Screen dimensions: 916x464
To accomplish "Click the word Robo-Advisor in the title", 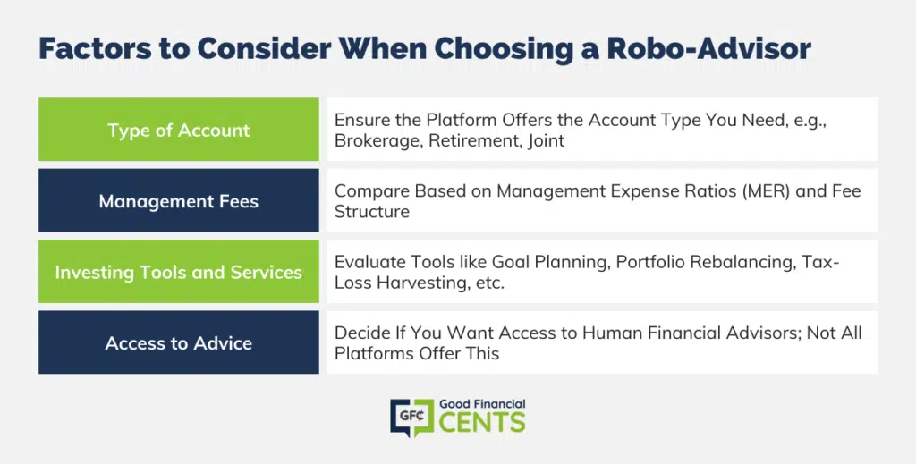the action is click(708, 48).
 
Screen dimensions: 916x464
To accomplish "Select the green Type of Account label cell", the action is click(179, 129).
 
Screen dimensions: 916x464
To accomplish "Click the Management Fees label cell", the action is click(179, 200).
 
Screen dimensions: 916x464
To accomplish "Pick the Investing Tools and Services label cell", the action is click(179, 272).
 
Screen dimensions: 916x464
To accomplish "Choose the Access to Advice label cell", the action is click(179, 342).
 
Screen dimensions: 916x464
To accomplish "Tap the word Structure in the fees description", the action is click(372, 211).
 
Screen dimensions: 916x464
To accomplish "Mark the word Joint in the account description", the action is click(547, 140).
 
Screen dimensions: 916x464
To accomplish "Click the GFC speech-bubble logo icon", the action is click(412, 418).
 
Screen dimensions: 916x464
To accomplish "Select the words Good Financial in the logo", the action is click(482, 404).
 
